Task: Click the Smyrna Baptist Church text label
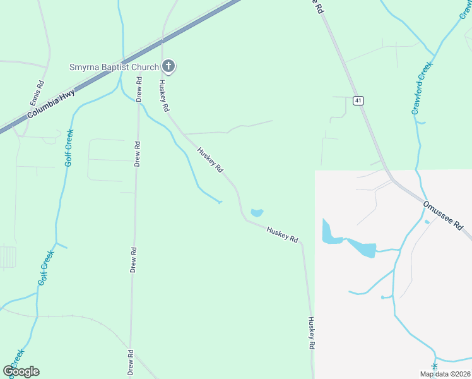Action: coord(114,66)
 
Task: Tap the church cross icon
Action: coord(168,66)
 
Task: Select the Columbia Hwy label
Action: coord(51,104)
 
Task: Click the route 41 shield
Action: coord(358,100)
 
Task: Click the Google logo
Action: coord(21,371)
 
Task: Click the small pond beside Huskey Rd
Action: coord(257,213)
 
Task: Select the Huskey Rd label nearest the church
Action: coord(165,96)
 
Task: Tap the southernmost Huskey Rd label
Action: coord(310,333)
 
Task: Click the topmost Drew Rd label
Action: coord(139,88)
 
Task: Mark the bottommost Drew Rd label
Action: coord(131,363)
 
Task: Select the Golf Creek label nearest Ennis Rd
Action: coord(69,148)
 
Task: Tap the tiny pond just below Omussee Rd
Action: coord(427,222)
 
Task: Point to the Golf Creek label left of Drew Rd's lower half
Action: coord(45,268)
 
